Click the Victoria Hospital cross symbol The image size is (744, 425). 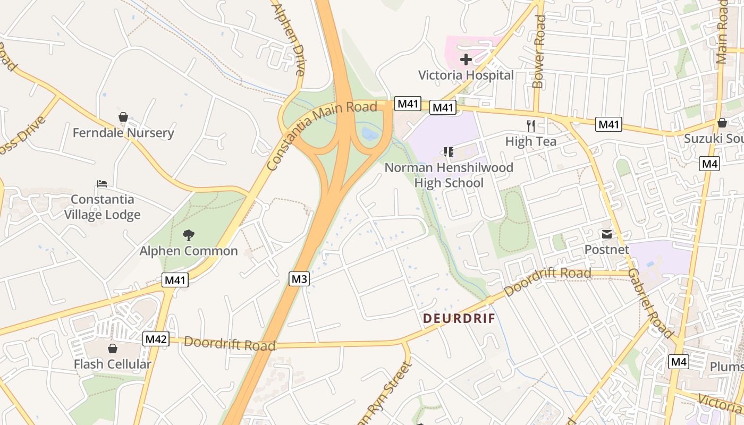tap(466, 59)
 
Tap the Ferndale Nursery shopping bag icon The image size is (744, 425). tap(123, 117)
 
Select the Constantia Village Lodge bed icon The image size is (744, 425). tap(103, 184)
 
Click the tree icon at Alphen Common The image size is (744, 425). tap(188, 235)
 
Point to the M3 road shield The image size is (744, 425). tap(299, 278)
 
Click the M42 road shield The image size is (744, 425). tap(156, 339)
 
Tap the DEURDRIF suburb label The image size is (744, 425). tap(459, 319)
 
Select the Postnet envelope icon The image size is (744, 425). tap(606, 234)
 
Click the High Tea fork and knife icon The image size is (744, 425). tap(530, 125)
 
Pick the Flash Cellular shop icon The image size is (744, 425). tap(112, 348)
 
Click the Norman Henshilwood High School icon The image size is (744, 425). tap(449, 152)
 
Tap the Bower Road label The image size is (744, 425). tap(539, 52)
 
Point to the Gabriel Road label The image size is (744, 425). tap(650, 303)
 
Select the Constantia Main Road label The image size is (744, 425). tap(322, 135)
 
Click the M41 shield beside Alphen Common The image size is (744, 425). tap(175, 280)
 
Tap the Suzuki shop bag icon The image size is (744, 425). tap(722, 123)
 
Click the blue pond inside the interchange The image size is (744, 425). tap(370, 133)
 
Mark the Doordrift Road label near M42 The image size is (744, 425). tap(230, 344)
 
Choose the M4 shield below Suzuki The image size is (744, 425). tap(710, 164)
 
